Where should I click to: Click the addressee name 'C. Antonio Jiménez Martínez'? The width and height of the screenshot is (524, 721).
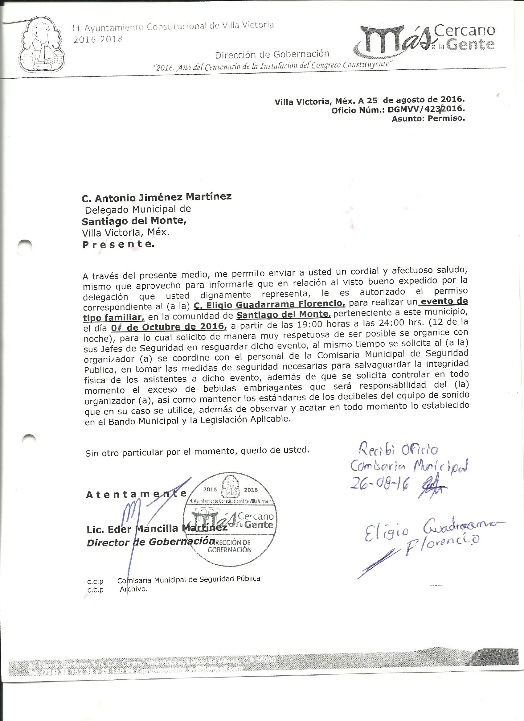coord(157,197)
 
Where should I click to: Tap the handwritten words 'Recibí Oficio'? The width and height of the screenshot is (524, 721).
coord(397,450)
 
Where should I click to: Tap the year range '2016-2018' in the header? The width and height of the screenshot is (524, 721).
coord(98,39)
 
